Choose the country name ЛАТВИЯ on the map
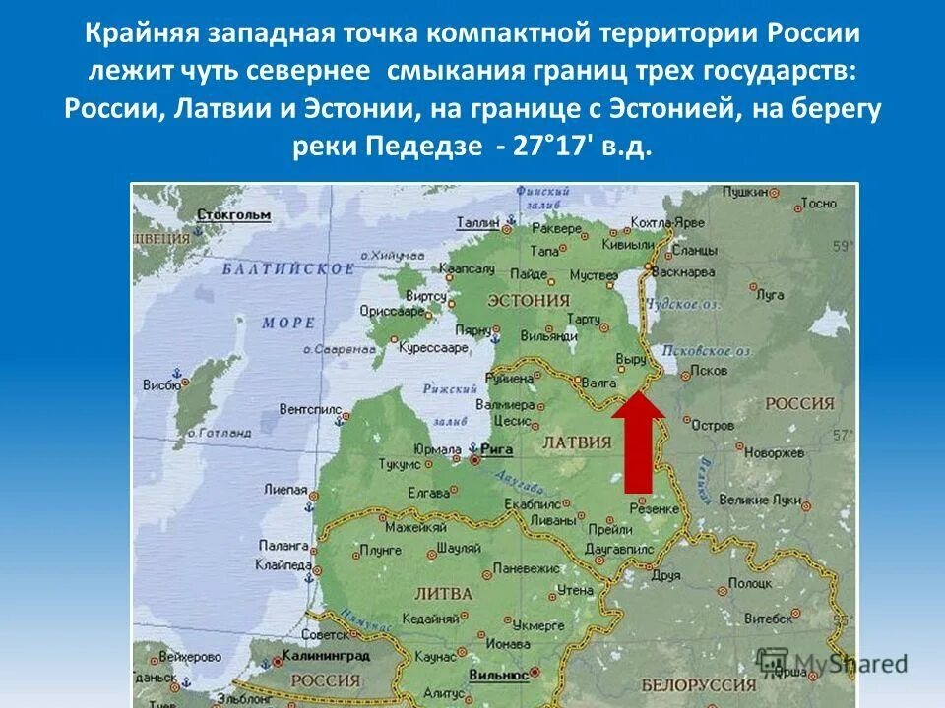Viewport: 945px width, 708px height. point(578,442)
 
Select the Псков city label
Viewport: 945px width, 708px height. point(710,371)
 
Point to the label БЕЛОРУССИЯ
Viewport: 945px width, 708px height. point(699,683)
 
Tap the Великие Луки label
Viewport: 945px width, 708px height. point(774,499)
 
